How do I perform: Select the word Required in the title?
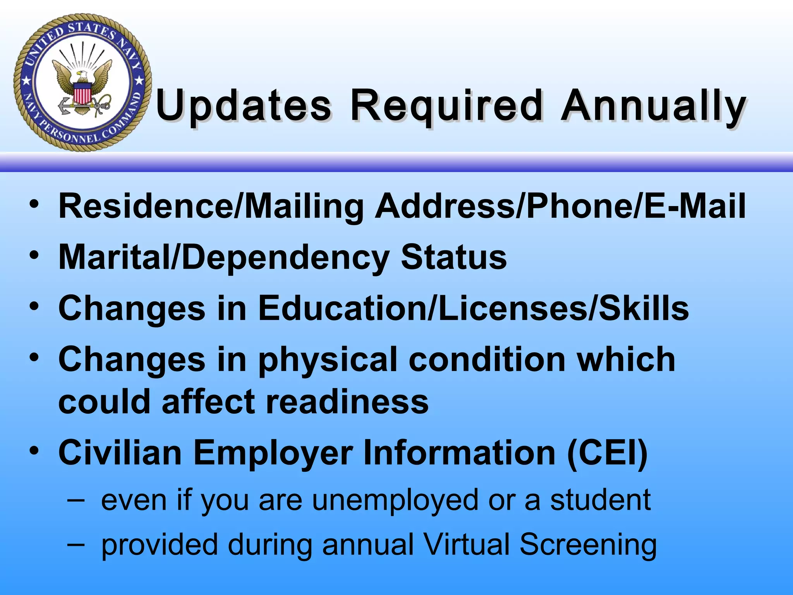(x=445, y=105)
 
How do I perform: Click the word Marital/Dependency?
(x=224, y=258)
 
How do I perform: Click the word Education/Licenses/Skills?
(x=473, y=308)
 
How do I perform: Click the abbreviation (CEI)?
(x=607, y=453)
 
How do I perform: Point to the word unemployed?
(x=395, y=500)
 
